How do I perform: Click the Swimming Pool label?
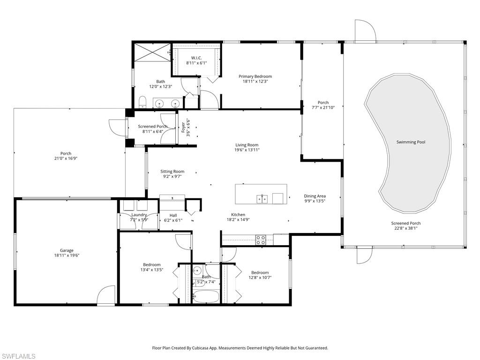[411, 142]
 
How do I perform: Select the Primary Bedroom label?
[255, 76]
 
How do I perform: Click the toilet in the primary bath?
[143, 102]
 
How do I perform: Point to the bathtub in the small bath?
[206, 296]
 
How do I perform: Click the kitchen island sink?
[262, 199]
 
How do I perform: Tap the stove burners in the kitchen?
[260, 240]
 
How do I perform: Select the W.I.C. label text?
[196, 58]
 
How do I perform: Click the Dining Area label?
[315, 196]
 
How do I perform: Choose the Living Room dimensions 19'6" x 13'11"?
[247, 150]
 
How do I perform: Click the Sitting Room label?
[172, 172]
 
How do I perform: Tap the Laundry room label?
[139, 215]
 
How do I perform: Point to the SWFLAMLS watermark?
[18, 356]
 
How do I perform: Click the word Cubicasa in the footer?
[209, 348]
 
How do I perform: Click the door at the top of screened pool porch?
[365, 30]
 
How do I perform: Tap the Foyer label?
[183, 127]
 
